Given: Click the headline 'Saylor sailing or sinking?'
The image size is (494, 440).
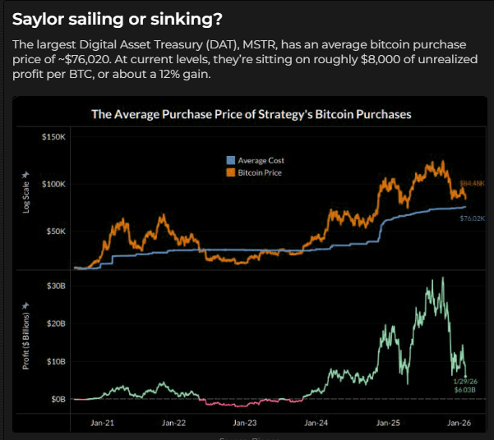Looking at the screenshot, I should pyautogui.click(x=117, y=18).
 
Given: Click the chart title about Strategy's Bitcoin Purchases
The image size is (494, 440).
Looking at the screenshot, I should pyautogui.click(x=251, y=115).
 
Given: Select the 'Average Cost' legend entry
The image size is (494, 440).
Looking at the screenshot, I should pyautogui.click(x=261, y=161).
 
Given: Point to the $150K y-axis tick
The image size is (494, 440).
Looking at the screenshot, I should pyautogui.click(x=54, y=136).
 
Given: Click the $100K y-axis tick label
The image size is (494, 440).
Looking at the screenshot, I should pyautogui.click(x=54, y=184).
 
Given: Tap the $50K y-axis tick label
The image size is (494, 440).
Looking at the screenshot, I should pyautogui.click(x=56, y=231).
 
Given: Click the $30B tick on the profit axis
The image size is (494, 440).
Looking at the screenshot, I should pyautogui.click(x=56, y=286).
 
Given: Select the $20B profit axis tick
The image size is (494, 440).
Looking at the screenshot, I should pyautogui.click(x=56, y=323).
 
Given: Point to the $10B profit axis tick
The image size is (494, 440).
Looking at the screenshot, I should pyautogui.click(x=56, y=361).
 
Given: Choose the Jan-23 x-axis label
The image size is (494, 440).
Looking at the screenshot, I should pyautogui.click(x=244, y=423).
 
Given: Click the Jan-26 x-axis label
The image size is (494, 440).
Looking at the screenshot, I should pyautogui.click(x=459, y=423).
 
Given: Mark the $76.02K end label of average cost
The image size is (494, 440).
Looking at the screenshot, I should pyautogui.click(x=471, y=219).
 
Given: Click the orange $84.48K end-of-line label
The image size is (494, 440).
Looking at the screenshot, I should pyautogui.click(x=471, y=182).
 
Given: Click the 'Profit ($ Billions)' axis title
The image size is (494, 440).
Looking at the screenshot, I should pyautogui.click(x=25, y=336).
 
